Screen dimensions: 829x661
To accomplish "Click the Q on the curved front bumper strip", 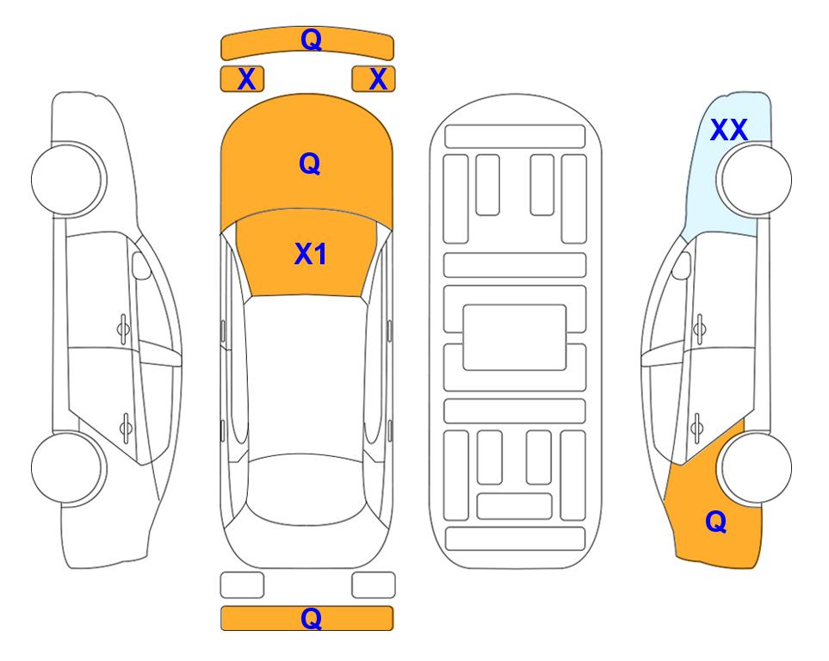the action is pyautogui.click(x=311, y=39).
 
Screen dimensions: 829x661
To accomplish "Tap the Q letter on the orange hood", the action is pyautogui.click(x=310, y=164).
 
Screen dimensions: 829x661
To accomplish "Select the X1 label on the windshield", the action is pyautogui.click(x=311, y=254).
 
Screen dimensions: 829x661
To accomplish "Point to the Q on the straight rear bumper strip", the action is pyautogui.click(x=311, y=618).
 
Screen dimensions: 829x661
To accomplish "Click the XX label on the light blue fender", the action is pyautogui.click(x=728, y=130).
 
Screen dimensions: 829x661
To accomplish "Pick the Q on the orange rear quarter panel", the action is pyautogui.click(x=716, y=522).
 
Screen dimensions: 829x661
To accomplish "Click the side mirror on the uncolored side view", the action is pyautogui.click(x=140, y=265).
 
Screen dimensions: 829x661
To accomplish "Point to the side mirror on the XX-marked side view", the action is pyautogui.click(x=682, y=265).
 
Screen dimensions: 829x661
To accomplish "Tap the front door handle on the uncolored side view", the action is pyautogui.click(x=123, y=329).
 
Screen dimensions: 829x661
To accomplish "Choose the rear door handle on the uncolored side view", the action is pyautogui.click(x=126, y=427).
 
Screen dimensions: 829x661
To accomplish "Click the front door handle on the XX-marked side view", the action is pyautogui.click(x=700, y=329).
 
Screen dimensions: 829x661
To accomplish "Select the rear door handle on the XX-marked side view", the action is pyautogui.click(x=697, y=427).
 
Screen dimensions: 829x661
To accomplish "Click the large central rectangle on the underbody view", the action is pyautogui.click(x=515, y=337).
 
